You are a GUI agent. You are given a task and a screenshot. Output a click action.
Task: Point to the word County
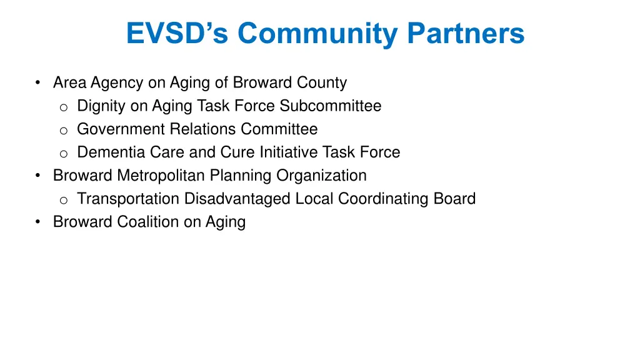coord(323,82)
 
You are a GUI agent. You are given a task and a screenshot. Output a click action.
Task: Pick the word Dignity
coord(101,106)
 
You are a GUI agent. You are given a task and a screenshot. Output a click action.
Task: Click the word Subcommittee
coord(331,106)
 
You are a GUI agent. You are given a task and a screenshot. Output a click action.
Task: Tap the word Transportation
coord(128,199)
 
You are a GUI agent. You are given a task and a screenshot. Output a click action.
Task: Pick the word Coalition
coord(148,222)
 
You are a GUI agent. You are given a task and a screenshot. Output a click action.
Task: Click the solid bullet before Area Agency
coord(39,82)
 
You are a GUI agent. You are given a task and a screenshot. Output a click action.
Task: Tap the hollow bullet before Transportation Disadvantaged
coord(63,200)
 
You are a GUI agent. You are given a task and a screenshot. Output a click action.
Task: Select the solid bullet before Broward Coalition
coord(39,222)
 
